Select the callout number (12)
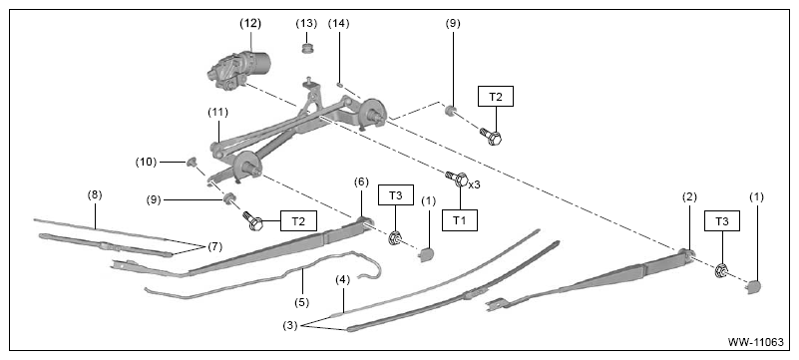(250, 23)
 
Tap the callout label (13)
(306, 23)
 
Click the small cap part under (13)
(307, 49)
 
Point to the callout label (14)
(339, 23)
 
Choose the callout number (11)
(217, 113)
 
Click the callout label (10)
(146, 162)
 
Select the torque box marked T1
(459, 220)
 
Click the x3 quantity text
(474, 184)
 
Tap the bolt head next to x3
(461, 180)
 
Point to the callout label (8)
(95, 194)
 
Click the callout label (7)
(214, 247)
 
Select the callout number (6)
(361, 182)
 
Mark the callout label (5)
(301, 302)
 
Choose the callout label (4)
(343, 279)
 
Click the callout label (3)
(290, 325)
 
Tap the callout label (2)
(689, 197)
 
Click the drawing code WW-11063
(756, 342)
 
